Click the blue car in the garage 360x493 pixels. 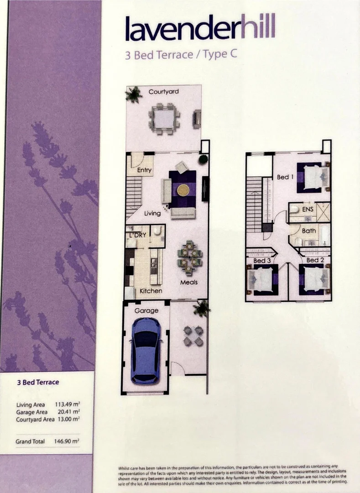click(x=146, y=350)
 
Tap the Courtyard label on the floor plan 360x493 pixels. click(x=163, y=92)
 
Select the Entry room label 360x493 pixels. click(x=144, y=170)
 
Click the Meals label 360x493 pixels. click(x=188, y=282)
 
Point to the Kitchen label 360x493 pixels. click(x=151, y=291)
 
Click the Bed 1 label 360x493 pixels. click(x=285, y=177)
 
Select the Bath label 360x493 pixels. click(x=308, y=231)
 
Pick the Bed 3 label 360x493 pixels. click(x=262, y=261)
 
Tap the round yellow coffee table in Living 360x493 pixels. click(x=183, y=189)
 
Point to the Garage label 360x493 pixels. click(x=146, y=311)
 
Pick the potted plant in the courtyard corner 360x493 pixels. click(x=134, y=94)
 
